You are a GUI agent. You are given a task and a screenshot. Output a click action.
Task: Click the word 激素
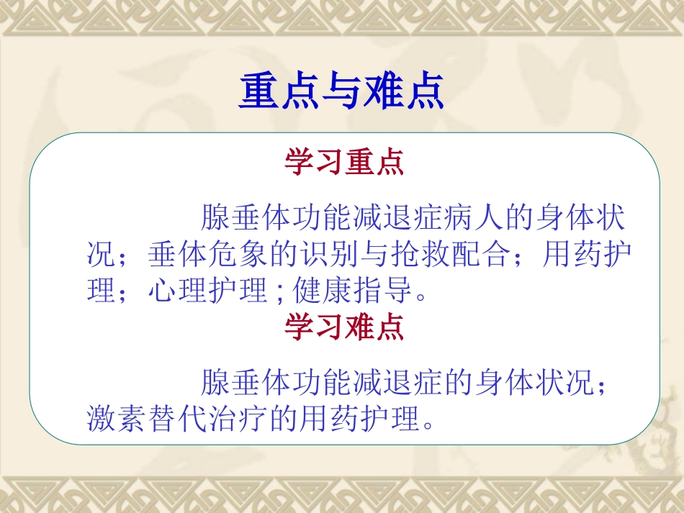[117, 418]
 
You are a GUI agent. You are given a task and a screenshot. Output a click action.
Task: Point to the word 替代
[177, 418]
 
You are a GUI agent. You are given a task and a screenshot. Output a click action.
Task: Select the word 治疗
[238, 418]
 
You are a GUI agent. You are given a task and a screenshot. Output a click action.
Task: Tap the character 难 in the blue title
[382, 93]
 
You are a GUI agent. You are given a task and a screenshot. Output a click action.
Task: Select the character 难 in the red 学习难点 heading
[359, 327]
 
